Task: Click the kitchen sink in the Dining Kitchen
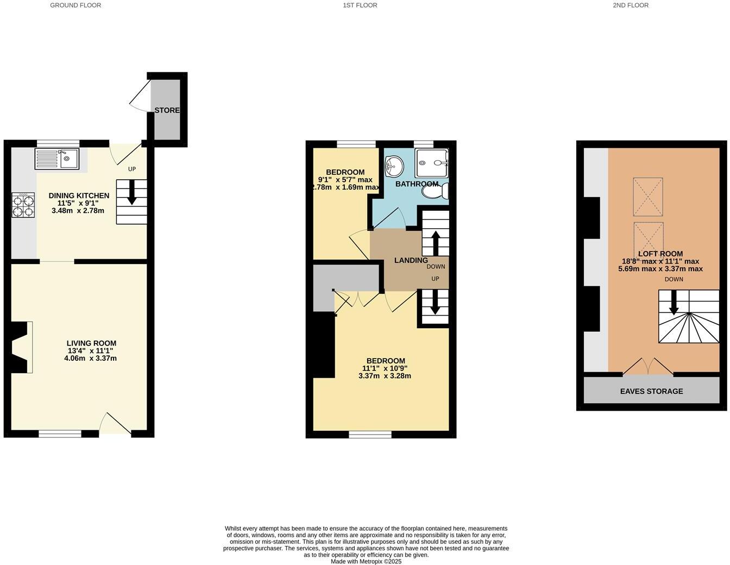(57, 159)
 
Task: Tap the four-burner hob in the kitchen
(23, 205)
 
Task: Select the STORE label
(167, 110)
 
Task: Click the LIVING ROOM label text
(91, 343)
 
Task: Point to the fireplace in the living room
(22, 347)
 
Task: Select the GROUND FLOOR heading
(75, 5)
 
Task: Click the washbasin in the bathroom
(394, 166)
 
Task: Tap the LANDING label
(411, 260)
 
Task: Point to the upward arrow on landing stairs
(435, 242)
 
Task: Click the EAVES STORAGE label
(651, 391)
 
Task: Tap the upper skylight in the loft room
(647, 197)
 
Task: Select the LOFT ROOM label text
(660, 254)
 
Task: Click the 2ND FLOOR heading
(630, 5)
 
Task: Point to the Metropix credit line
(366, 561)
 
